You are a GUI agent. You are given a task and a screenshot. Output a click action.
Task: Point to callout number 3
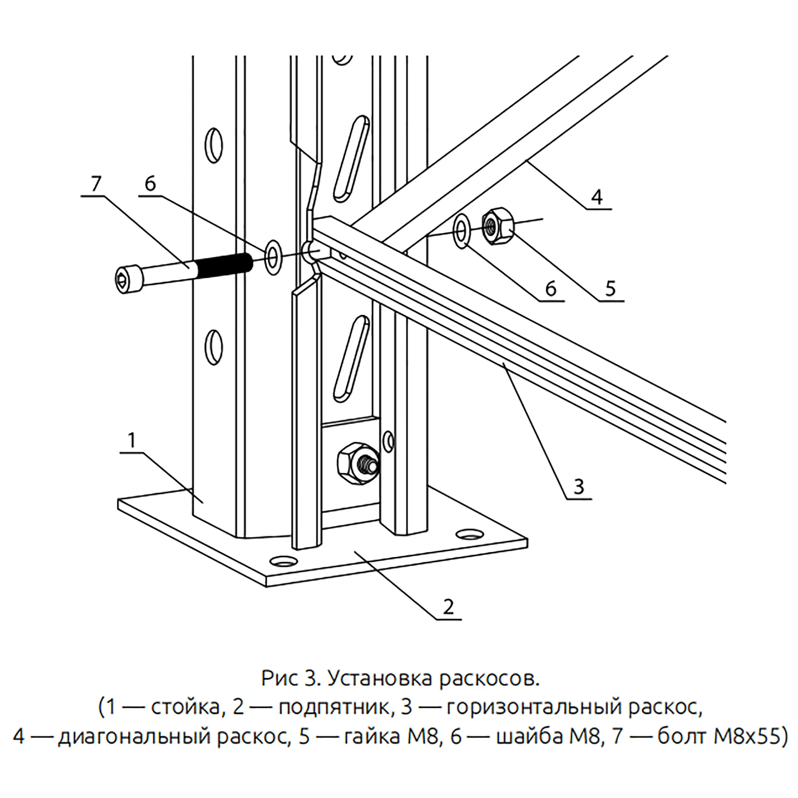point(579,487)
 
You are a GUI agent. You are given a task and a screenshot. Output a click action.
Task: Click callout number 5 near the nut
point(610,288)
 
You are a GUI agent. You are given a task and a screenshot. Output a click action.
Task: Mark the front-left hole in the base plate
point(283,561)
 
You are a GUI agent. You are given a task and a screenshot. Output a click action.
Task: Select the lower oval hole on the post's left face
point(214,346)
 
